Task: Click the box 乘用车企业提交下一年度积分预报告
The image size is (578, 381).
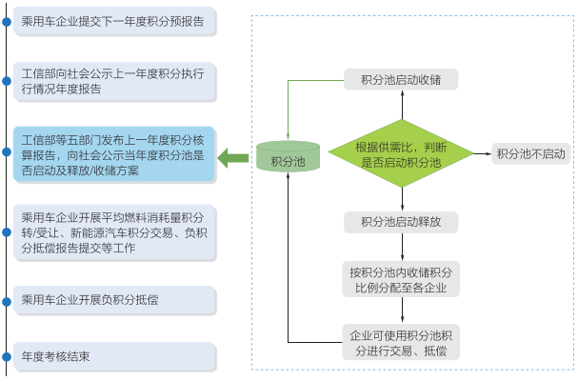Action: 114,19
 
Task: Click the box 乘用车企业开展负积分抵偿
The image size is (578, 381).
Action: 114,299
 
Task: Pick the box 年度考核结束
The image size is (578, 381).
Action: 114,357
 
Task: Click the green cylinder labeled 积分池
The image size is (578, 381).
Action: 288,158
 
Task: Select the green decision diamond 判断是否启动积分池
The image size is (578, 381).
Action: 402,154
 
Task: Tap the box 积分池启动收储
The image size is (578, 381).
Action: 401,79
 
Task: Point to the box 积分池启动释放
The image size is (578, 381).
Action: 401,223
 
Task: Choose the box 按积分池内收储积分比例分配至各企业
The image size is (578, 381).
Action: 401,279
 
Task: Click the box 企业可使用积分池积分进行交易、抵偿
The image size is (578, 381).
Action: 401,342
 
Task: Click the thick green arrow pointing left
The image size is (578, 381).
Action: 232,157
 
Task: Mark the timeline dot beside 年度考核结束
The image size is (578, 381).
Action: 7,357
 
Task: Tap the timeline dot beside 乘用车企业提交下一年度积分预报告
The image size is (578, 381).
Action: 7,19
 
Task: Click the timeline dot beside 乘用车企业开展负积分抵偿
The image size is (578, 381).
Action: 7,299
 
